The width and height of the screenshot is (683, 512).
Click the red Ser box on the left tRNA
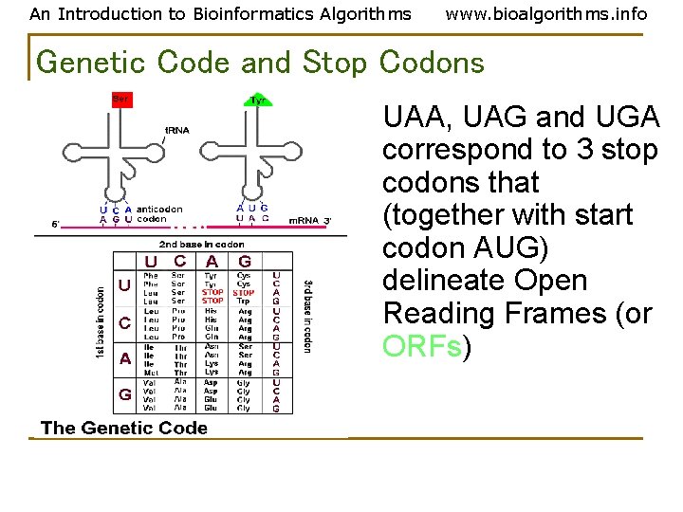tap(120, 99)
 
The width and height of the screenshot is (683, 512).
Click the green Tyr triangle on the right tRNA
tap(257, 100)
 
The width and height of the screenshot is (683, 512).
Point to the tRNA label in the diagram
tap(176, 130)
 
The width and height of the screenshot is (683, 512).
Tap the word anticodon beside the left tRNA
tap(159, 210)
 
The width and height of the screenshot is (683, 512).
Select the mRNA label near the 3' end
tap(304, 220)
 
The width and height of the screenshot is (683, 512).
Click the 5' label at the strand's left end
tap(56, 225)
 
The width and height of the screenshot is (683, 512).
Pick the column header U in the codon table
tap(151, 261)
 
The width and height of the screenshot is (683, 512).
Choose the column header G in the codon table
tap(245, 261)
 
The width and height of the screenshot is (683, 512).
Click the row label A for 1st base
tap(125, 359)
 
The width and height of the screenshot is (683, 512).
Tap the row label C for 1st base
tap(125, 323)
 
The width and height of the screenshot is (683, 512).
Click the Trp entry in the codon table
tap(244, 302)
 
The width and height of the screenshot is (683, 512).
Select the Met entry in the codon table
tap(150, 374)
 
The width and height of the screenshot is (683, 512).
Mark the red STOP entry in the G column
tap(244, 293)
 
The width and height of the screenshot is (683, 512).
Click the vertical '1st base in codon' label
tap(101, 322)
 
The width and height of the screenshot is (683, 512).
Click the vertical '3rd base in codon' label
tap(306, 316)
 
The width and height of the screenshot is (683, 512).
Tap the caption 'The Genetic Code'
tap(124, 428)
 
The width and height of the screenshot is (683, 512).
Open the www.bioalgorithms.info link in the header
tap(545, 13)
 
